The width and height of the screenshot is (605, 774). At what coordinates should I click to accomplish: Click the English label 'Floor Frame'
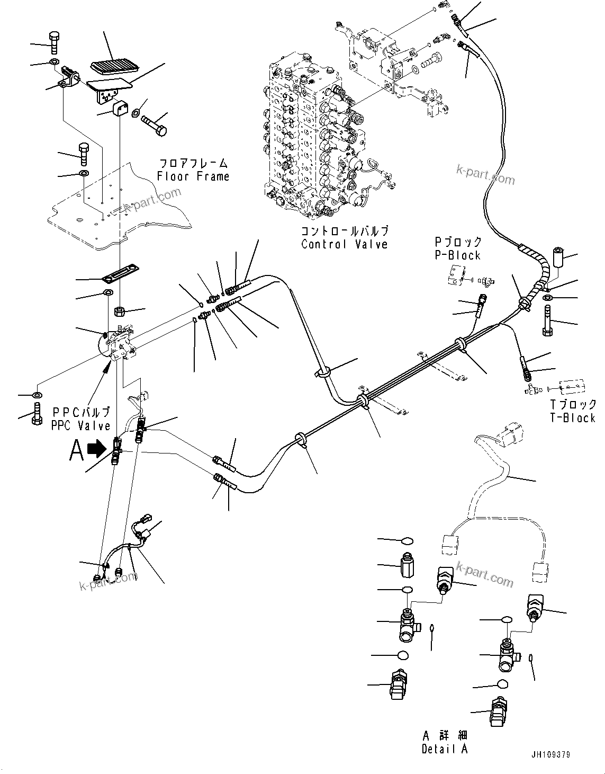tap(193, 176)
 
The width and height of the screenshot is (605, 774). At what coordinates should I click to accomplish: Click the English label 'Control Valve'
tap(344, 244)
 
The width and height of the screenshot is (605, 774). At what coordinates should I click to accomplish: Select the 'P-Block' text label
tap(457, 255)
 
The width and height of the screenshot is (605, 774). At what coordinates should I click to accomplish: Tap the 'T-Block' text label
tap(573, 417)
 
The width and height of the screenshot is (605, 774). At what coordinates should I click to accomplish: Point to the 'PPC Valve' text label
tap(80, 425)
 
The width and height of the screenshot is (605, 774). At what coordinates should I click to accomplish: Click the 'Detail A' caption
tap(445, 749)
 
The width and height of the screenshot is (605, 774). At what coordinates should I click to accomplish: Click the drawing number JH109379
tap(552, 755)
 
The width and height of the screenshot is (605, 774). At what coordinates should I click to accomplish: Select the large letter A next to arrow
tap(77, 451)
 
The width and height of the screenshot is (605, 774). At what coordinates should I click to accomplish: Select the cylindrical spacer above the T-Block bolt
tap(558, 260)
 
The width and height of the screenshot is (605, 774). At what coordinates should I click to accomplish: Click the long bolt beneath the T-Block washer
tap(547, 322)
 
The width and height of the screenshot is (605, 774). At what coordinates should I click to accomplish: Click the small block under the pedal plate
tap(120, 109)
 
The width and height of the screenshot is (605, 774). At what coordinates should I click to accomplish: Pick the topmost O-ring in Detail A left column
tap(407, 541)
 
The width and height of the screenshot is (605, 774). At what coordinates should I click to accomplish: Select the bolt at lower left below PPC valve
tap(37, 413)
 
